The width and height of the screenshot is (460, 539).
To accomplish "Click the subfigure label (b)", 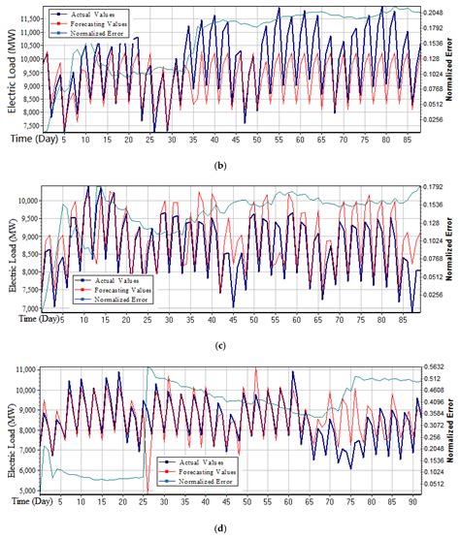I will coord(229,164).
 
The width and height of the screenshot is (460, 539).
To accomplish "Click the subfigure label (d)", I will coord(229,526).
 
